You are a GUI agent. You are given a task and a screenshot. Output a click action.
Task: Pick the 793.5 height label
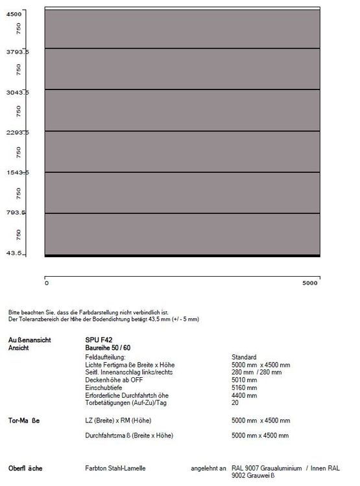[14, 213]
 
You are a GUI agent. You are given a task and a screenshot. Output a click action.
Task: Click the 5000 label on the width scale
[311, 283]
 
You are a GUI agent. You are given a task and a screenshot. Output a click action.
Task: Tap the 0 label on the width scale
[47, 283]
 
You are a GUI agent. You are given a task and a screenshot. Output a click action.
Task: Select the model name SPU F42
[98, 340]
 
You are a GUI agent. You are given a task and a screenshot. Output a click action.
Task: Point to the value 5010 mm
[244, 380]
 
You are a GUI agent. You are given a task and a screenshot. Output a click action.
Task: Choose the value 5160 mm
[244, 388]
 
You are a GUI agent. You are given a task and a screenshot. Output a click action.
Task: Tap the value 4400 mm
[244, 395]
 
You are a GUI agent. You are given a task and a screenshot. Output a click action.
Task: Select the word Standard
[244, 357]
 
